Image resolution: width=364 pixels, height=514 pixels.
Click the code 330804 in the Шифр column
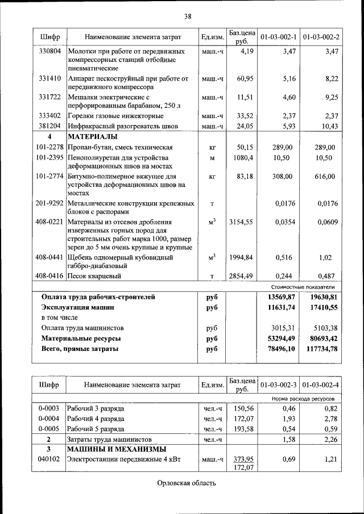tap(49, 51)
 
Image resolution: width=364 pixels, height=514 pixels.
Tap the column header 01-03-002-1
tap(279, 37)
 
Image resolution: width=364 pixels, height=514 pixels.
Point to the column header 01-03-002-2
tap(321, 37)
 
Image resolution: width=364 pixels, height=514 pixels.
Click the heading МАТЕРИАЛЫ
tap(93, 137)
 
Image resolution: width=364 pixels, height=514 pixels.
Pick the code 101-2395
tap(49, 157)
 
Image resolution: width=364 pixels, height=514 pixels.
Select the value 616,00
tap(325, 177)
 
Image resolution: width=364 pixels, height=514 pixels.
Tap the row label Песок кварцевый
tap(94, 276)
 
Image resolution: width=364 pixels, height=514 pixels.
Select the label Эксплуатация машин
tap(77, 307)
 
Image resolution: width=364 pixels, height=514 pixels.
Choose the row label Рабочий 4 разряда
tap(95, 419)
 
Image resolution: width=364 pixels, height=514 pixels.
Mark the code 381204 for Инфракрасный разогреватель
tap(49, 126)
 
